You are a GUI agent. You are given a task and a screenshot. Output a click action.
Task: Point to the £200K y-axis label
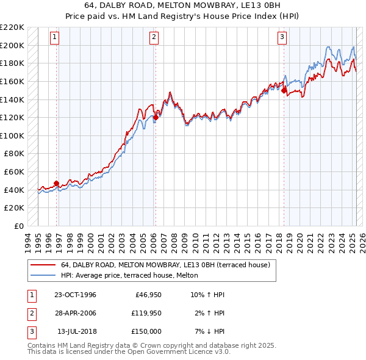(x=12, y=45)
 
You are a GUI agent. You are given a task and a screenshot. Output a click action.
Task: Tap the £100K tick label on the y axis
(x=12, y=135)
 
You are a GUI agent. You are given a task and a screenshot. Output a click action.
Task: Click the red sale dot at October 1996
(x=57, y=183)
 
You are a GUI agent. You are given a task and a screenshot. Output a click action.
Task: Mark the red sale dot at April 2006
(x=156, y=117)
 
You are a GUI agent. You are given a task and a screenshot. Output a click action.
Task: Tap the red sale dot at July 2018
(x=284, y=90)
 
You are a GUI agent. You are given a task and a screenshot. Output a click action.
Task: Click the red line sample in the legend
(x=43, y=265)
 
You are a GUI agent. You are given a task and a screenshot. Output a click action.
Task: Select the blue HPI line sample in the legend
(x=43, y=275)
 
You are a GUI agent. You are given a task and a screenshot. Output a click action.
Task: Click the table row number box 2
(x=30, y=313)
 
